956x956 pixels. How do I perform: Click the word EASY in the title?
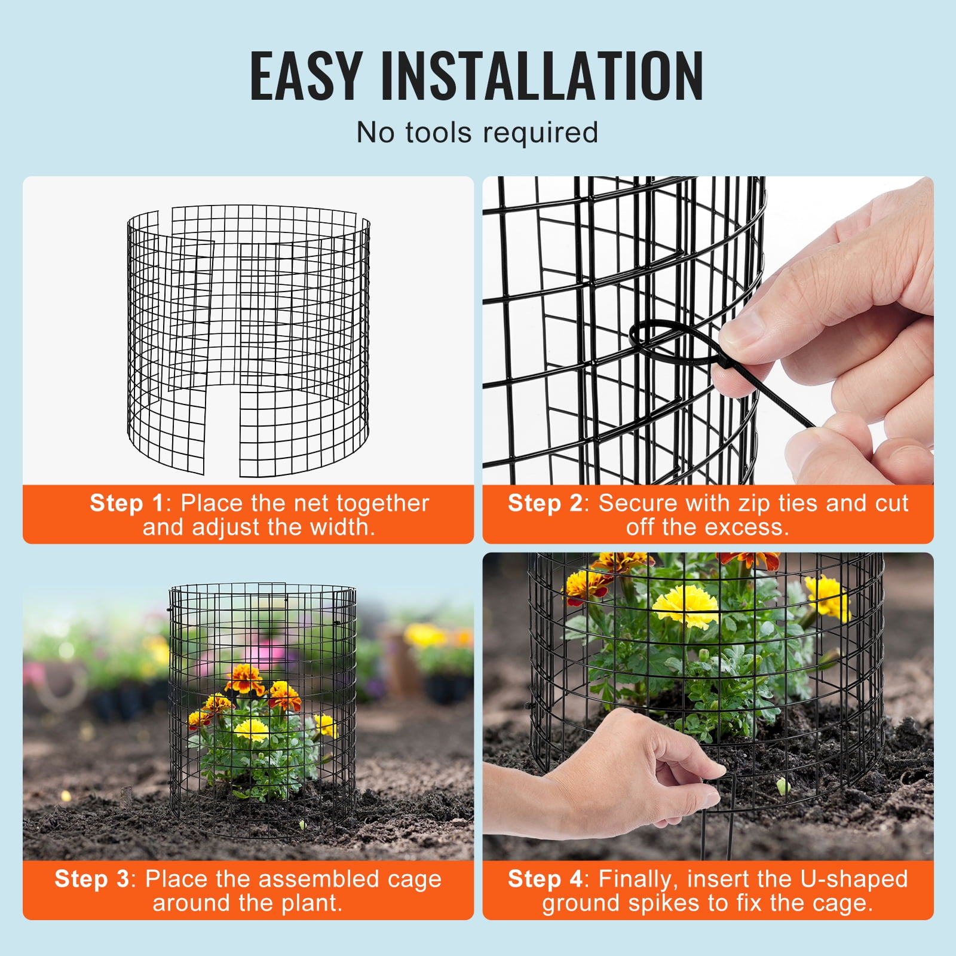(x=305, y=76)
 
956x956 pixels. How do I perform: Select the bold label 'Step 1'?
(x=126, y=503)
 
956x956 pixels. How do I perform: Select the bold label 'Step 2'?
(x=544, y=503)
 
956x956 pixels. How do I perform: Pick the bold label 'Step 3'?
(x=91, y=879)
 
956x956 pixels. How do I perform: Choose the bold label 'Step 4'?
(x=544, y=879)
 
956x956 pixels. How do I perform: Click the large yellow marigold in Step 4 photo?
(x=685, y=605)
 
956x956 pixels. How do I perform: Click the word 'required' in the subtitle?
(x=541, y=133)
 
